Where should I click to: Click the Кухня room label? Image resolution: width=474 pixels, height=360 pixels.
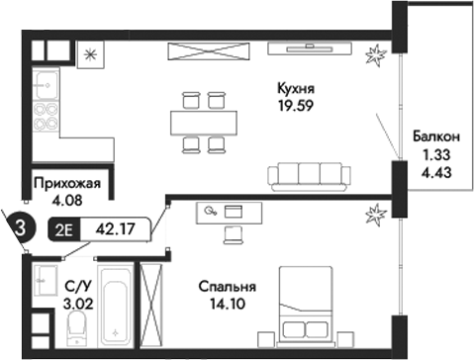tap(296, 88)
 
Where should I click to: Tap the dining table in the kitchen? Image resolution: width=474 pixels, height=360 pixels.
tap(204, 121)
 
